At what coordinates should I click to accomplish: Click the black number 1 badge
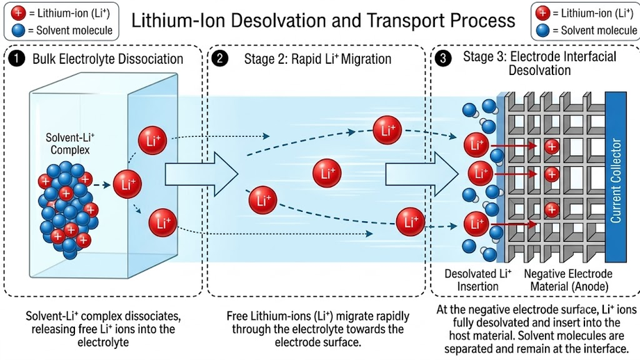click(x=16, y=59)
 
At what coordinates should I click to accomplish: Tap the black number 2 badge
click(x=220, y=59)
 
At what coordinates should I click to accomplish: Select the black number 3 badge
click(x=443, y=59)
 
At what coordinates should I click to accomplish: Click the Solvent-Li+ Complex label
click(x=69, y=144)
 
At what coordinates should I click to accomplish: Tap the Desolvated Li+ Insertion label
click(x=478, y=280)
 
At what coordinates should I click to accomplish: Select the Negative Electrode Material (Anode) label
click(x=568, y=280)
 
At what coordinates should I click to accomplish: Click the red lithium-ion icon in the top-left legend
click(x=18, y=13)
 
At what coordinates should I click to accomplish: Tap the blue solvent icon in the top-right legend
click(x=543, y=31)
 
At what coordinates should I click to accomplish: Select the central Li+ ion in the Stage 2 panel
click(x=327, y=174)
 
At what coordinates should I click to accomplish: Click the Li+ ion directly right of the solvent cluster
click(x=127, y=184)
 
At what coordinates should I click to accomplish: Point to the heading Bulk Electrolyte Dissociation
click(x=108, y=59)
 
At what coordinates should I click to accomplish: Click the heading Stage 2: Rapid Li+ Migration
click(x=318, y=59)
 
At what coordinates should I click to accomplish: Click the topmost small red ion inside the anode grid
click(x=552, y=147)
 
